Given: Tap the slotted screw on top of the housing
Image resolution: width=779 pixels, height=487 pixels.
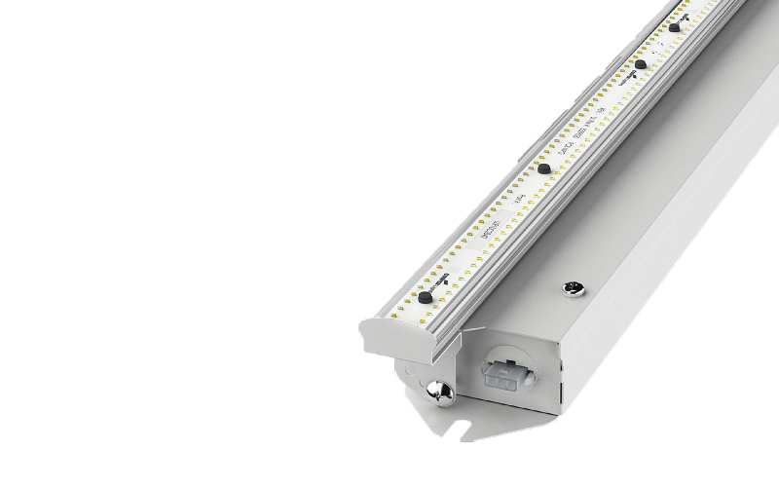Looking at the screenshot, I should pyautogui.click(x=573, y=287).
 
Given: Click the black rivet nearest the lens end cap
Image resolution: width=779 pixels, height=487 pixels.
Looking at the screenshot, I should pyautogui.click(x=425, y=296).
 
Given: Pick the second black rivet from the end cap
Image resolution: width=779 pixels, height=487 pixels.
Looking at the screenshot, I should pyautogui.click(x=542, y=169).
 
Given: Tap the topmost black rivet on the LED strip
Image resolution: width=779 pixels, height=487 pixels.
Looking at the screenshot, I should pyautogui.click(x=674, y=28).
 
